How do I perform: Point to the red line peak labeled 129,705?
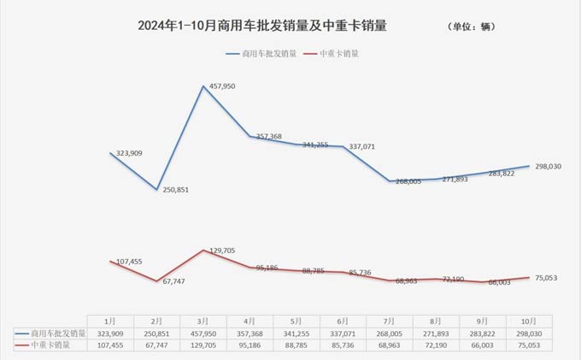(203, 251)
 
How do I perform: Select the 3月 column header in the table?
(203, 320)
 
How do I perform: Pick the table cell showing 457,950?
(203, 333)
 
